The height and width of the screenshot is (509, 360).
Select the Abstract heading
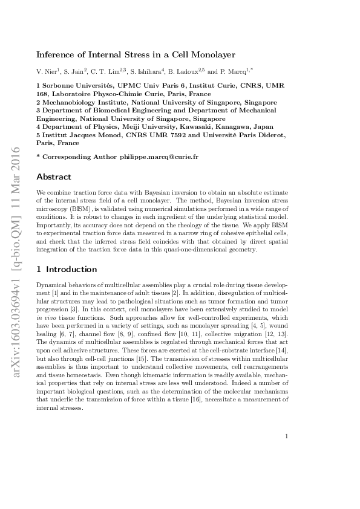point(54,177)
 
